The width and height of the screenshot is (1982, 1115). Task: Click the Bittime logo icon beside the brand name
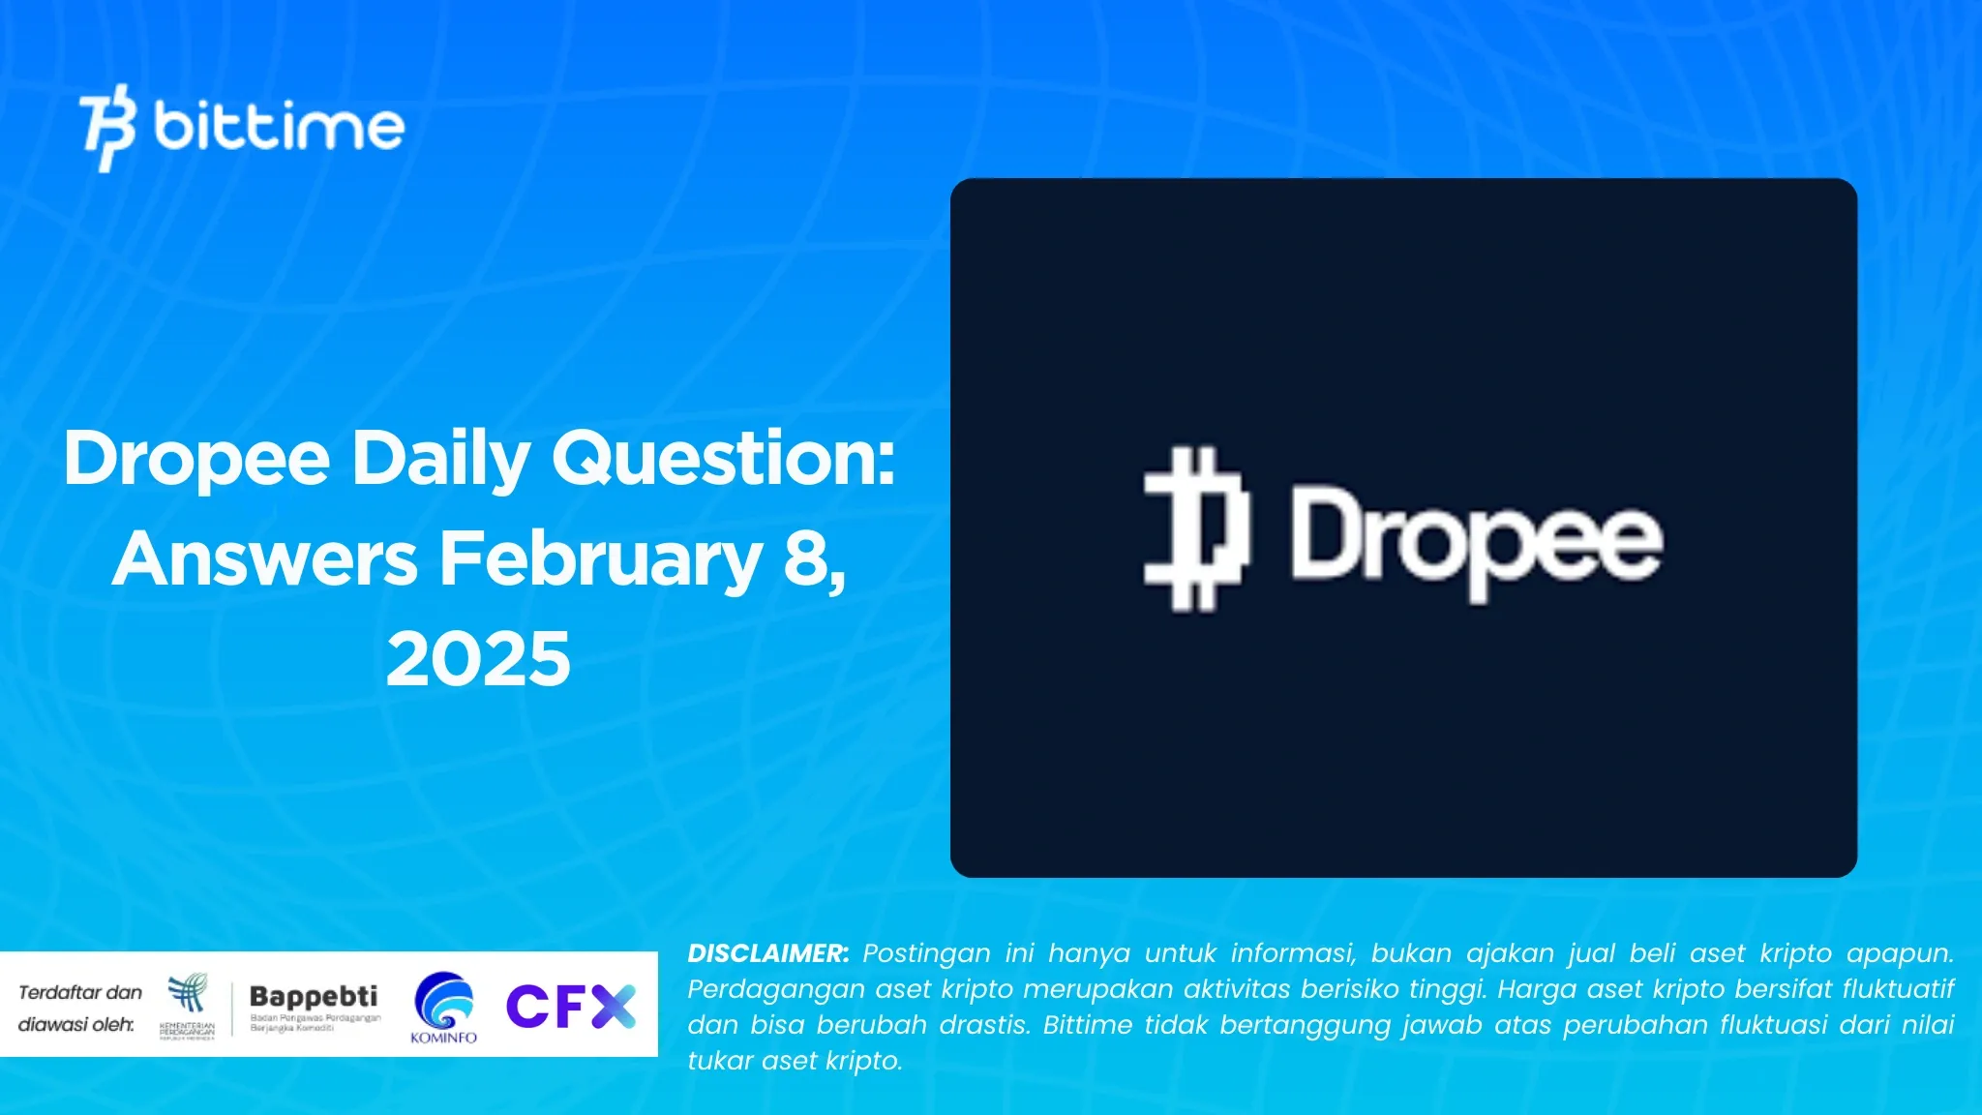pyautogui.click(x=107, y=128)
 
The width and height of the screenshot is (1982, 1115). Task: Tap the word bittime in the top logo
pyautogui.click(x=279, y=127)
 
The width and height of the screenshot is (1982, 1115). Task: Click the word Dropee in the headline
pyautogui.click(x=197, y=459)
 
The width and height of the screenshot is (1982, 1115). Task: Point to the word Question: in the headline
pyautogui.click(x=724, y=459)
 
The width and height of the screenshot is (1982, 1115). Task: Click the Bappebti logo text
pyautogui.click(x=314, y=997)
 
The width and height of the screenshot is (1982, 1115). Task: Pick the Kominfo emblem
pyautogui.click(x=444, y=1005)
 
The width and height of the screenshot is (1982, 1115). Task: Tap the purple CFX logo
pyautogui.click(x=570, y=1007)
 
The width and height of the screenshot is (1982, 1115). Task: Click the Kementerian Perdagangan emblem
pyautogui.click(x=188, y=1005)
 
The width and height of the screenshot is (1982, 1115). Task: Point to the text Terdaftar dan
pyautogui.click(x=80, y=992)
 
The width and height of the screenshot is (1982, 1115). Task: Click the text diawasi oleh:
pyautogui.click(x=76, y=1024)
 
